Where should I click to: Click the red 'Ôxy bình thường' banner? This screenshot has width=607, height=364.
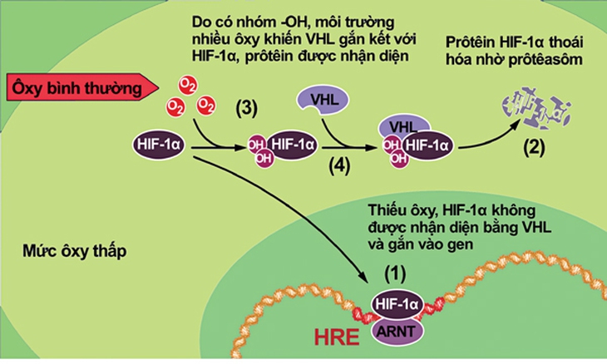click(x=82, y=88)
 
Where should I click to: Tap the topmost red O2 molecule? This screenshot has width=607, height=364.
click(x=187, y=86)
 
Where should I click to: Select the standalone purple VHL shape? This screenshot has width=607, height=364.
click(x=323, y=101)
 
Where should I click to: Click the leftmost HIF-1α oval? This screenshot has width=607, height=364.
click(x=159, y=145)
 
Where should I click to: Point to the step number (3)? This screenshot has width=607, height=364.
click(x=247, y=109)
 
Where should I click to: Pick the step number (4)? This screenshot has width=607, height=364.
click(x=339, y=166)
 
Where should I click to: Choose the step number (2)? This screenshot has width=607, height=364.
click(x=534, y=147)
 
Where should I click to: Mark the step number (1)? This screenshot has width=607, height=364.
click(x=395, y=274)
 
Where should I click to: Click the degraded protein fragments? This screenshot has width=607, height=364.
click(x=536, y=108)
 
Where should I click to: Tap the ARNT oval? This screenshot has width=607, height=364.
click(x=397, y=332)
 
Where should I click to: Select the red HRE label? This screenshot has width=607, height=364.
click(x=337, y=337)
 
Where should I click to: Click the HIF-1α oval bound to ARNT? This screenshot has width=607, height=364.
click(x=397, y=304)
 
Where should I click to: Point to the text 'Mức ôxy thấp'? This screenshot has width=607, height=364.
click(x=75, y=252)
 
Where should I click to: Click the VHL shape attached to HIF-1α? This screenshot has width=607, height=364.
click(x=403, y=126)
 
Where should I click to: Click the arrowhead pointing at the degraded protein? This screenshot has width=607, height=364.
click(x=517, y=124)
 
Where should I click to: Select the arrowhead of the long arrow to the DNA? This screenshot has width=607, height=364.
click(x=363, y=278)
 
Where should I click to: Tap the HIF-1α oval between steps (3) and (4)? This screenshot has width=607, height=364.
click(x=293, y=145)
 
